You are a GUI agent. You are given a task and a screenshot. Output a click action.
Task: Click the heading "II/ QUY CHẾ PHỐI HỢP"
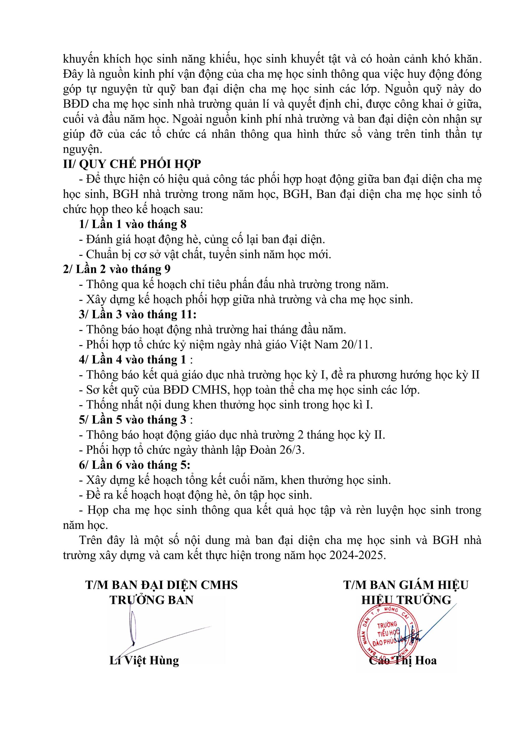132,164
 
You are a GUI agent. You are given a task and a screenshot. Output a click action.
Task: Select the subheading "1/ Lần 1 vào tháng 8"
132,224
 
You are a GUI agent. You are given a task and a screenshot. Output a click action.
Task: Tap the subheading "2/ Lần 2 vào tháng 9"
116,269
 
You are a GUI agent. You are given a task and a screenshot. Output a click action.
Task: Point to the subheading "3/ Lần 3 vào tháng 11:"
138,314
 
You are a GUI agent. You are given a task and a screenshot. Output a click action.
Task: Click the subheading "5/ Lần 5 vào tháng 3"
133,420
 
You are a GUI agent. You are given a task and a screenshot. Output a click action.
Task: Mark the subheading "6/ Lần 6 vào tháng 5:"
135,465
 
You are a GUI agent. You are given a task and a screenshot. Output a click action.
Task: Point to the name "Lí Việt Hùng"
144,660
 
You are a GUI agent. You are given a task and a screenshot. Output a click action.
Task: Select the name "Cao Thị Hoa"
403,660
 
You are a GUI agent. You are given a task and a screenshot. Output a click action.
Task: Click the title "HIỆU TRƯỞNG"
406,600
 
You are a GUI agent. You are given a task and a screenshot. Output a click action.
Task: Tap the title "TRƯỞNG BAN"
151,600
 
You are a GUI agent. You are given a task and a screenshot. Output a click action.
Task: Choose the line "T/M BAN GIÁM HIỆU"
406,585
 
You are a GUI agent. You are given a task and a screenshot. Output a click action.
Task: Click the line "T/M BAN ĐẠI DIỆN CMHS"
161,585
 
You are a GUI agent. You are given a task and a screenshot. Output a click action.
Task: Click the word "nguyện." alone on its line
82,149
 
